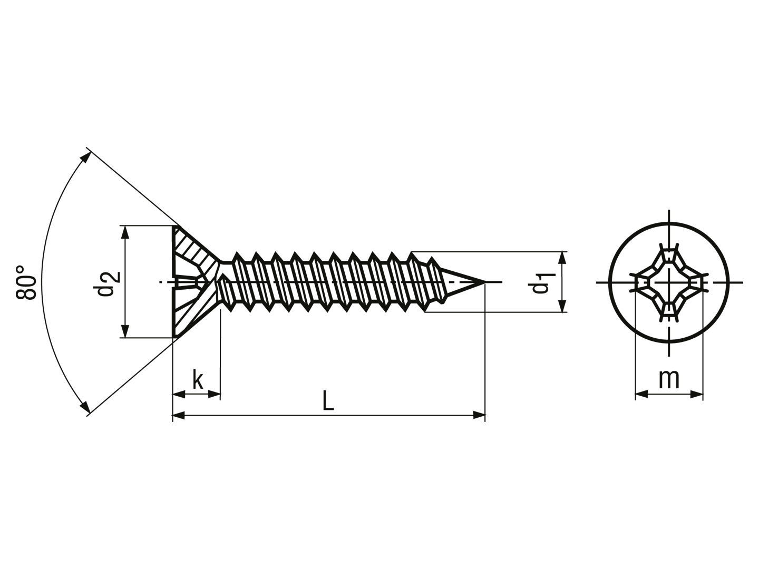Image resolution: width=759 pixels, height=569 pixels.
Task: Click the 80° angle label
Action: (26, 282)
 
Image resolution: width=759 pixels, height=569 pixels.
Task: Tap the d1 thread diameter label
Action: (541, 283)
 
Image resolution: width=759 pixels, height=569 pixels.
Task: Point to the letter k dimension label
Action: (198, 379)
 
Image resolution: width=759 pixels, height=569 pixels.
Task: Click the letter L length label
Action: (328, 400)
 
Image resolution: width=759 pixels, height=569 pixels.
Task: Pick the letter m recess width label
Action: (669, 380)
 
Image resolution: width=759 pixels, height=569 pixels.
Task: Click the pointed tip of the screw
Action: (484, 282)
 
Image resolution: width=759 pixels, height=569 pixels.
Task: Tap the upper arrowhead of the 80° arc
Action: (85, 157)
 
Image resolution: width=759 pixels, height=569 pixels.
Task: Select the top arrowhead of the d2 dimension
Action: (125, 232)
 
